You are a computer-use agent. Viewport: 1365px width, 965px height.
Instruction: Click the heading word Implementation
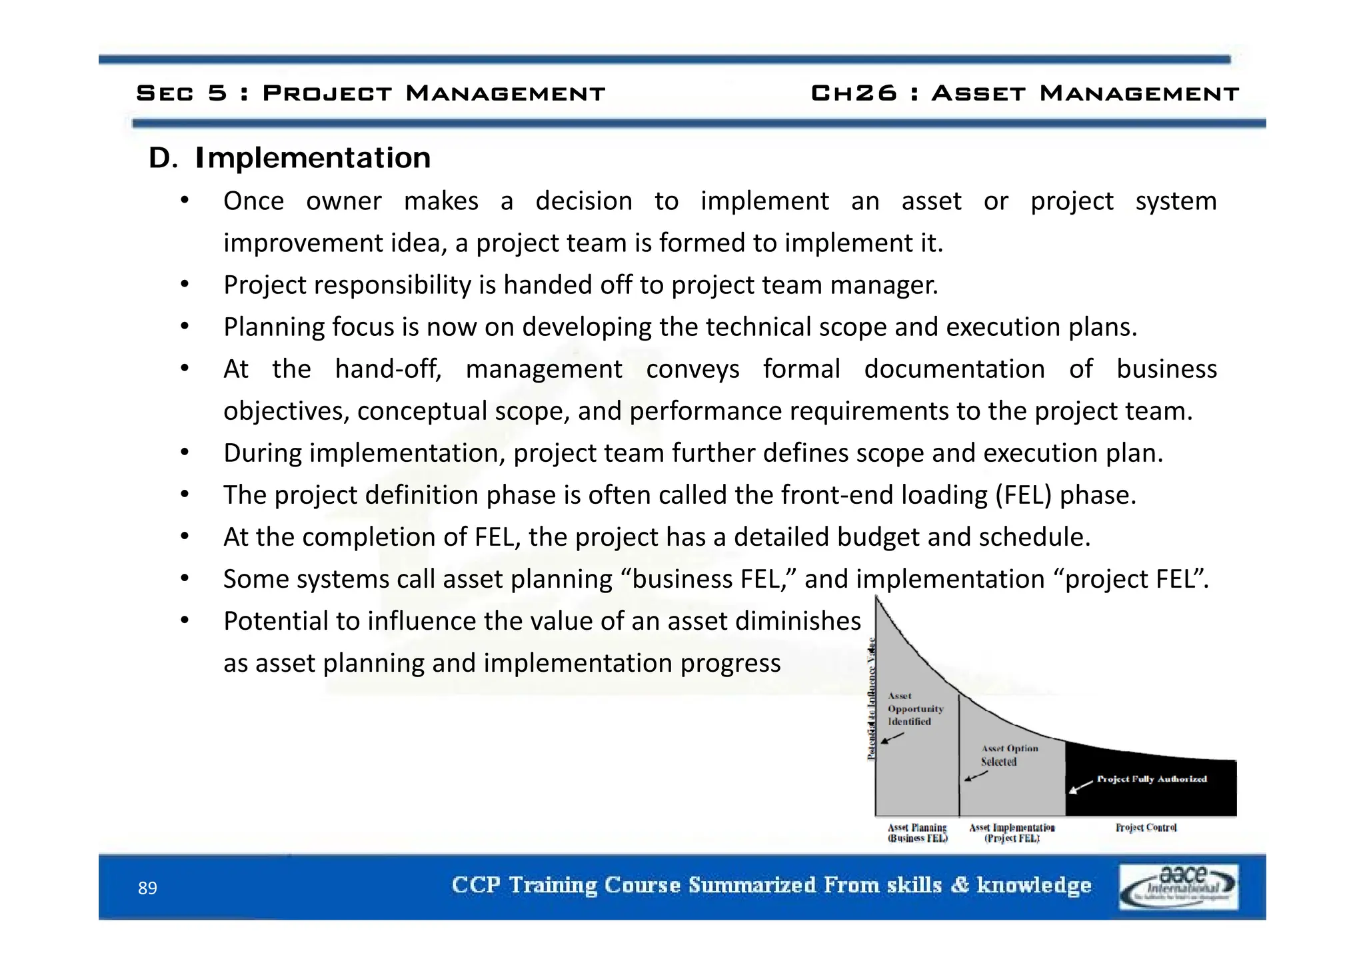(313, 159)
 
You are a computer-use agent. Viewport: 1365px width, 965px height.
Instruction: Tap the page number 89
(147, 888)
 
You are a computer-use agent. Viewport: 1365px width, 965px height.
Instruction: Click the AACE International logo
(1178, 887)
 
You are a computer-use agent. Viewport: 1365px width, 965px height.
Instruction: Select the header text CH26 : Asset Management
(1024, 93)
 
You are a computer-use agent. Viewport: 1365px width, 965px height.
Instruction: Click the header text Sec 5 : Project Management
(371, 93)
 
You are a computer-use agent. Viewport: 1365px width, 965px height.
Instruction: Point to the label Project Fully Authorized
(1152, 779)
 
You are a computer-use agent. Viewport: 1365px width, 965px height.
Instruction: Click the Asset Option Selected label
(1008, 755)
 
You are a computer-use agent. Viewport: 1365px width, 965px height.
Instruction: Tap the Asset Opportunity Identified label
(914, 709)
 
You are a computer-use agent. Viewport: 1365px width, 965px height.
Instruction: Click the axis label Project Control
(1146, 828)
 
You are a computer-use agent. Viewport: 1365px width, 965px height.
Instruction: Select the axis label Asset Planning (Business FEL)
(917, 833)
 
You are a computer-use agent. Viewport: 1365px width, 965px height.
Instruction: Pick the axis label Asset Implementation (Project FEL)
(1012, 833)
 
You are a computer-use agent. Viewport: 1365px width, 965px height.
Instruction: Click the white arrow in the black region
(1080, 787)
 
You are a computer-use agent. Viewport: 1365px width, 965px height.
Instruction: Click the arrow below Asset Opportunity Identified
(892, 738)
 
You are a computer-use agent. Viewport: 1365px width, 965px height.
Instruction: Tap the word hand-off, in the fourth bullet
(388, 369)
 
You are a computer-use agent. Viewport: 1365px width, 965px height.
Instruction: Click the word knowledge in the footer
(1034, 885)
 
